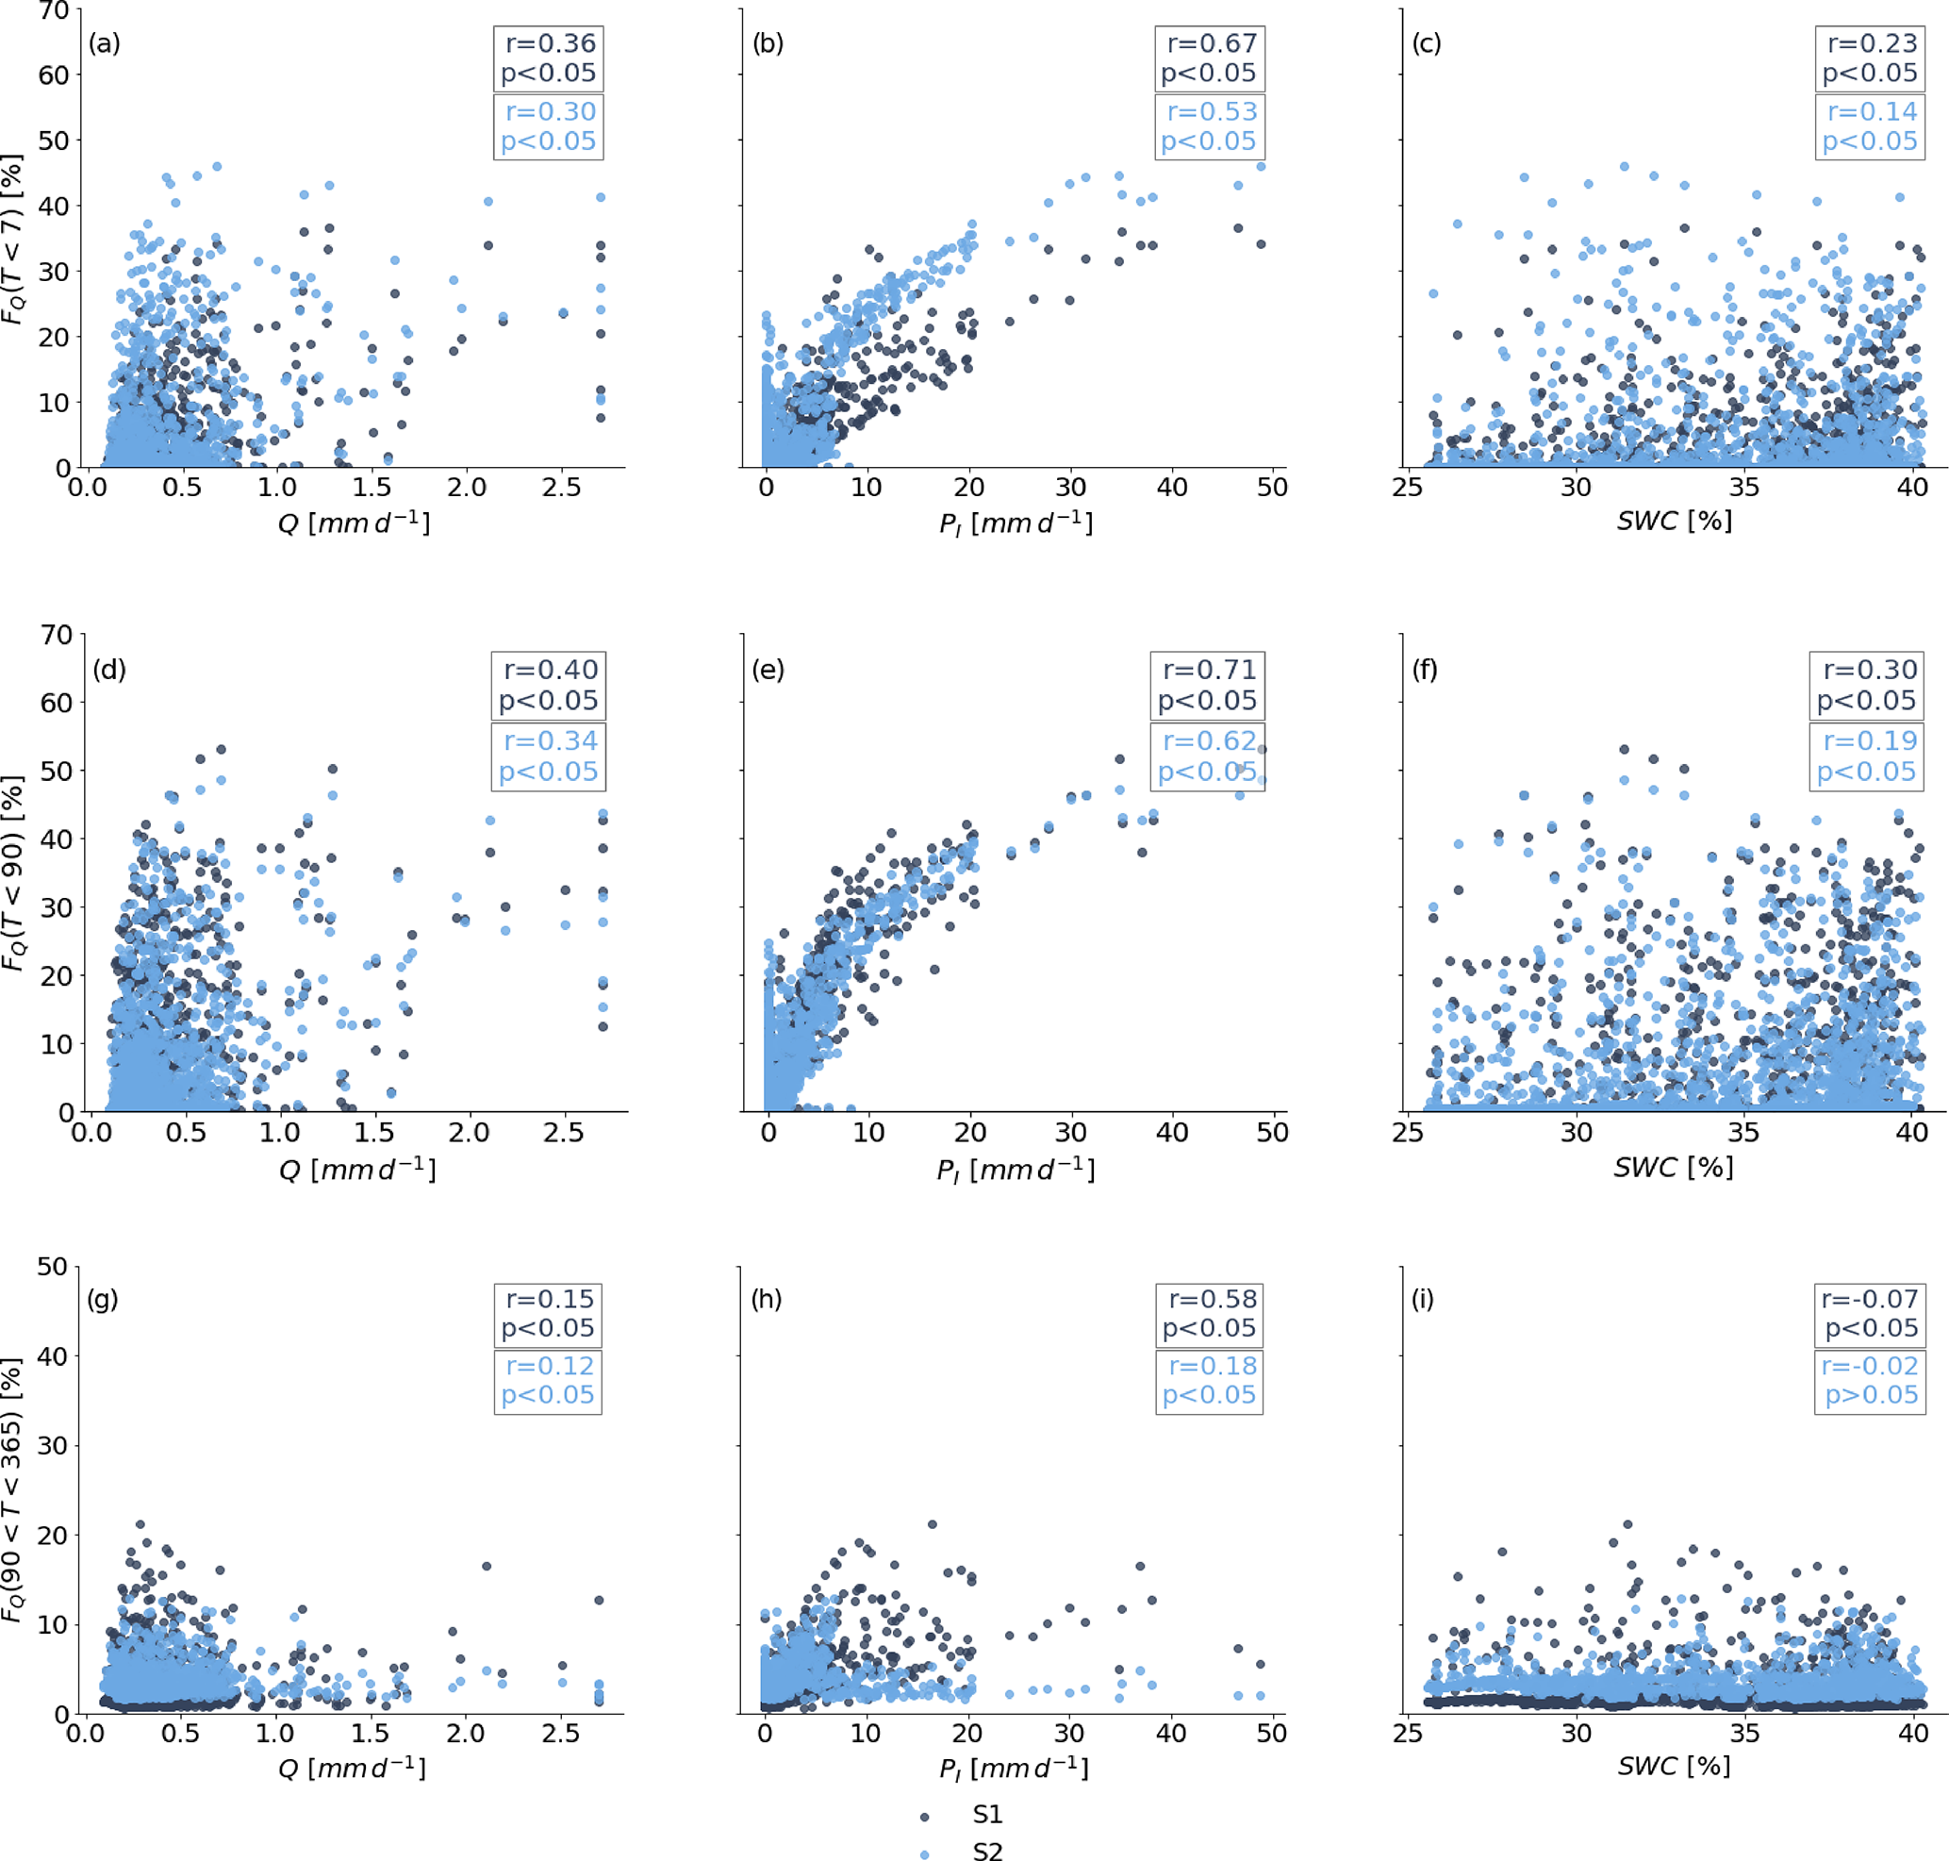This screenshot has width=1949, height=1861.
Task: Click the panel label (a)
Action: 104,43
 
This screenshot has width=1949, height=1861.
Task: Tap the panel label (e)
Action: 768,670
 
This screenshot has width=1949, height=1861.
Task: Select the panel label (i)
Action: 1423,1299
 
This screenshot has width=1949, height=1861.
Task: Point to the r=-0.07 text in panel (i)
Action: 1870,1299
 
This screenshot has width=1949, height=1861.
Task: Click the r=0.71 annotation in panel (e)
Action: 1209,670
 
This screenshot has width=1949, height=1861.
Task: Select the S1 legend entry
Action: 987,1815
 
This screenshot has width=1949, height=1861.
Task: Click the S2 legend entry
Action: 987,1851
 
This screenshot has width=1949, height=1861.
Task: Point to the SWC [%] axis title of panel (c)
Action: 1675,521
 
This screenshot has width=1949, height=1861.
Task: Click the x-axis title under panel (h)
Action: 1014,1768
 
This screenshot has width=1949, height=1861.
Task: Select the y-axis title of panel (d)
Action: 12,873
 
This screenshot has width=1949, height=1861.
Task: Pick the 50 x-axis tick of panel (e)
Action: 1273,1132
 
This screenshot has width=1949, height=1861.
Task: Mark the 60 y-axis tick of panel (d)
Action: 56,703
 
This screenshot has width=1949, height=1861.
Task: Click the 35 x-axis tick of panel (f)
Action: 1743,1132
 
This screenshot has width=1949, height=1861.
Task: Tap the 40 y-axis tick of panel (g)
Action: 53,1356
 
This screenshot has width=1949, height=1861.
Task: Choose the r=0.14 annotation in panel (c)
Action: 1873,111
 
